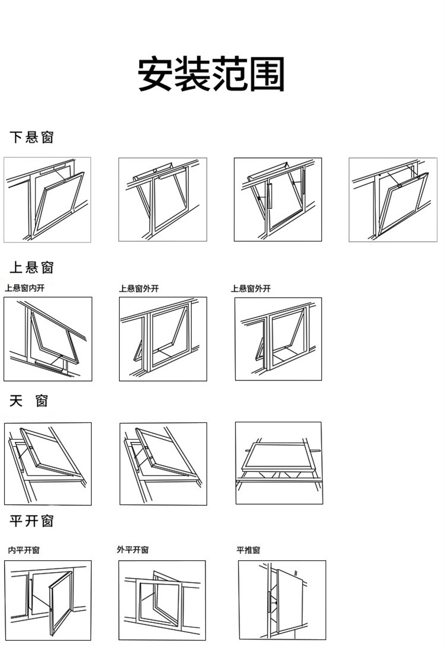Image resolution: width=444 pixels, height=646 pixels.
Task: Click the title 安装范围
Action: [211, 75]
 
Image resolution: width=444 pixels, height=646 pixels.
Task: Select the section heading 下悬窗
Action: [32, 138]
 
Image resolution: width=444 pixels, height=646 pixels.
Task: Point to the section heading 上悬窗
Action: [32, 268]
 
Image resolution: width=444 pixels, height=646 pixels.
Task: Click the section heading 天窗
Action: [29, 402]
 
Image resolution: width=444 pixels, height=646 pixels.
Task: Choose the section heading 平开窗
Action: [32, 521]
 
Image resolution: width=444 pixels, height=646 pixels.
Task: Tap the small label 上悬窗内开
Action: [24, 289]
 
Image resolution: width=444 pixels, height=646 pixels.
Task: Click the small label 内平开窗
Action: [24, 550]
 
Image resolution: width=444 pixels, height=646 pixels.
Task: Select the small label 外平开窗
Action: [133, 550]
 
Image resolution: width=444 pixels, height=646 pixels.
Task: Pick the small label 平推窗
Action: [248, 550]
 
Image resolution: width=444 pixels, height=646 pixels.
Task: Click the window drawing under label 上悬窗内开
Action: [48, 339]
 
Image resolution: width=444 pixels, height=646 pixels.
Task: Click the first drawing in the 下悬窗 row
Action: [47, 200]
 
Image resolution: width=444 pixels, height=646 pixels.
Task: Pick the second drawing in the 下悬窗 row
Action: [163, 200]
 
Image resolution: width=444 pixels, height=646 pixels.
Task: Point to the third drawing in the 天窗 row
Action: [279, 463]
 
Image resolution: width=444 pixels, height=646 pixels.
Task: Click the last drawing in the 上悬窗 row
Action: [278, 339]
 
